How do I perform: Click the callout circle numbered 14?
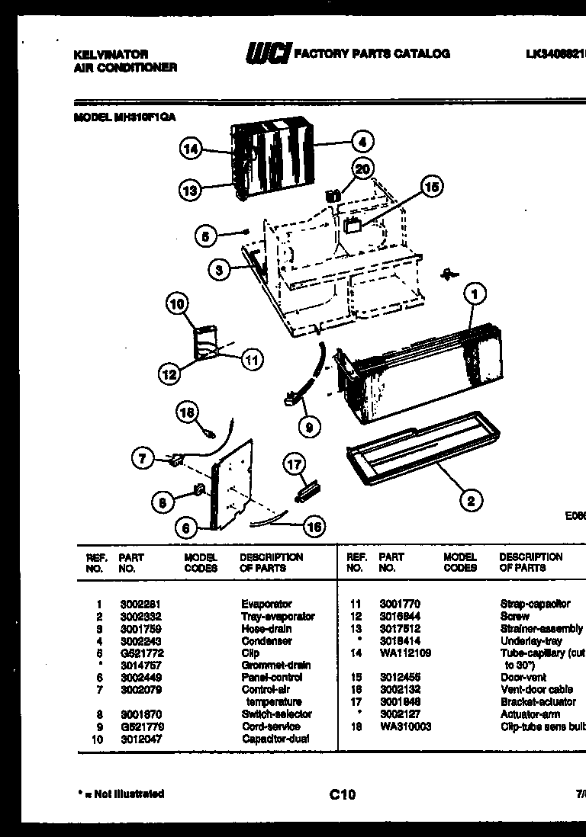coord(192,150)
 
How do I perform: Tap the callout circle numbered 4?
coord(362,141)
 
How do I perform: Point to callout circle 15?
coord(433,186)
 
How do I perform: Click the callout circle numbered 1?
coord(474,291)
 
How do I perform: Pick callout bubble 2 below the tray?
coord(471,500)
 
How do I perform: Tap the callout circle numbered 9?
coord(309,428)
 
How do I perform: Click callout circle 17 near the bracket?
coord(295,463)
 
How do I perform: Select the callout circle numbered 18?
coord(187,412)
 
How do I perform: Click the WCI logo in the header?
coord(268,53)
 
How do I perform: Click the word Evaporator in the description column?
coord(266,604)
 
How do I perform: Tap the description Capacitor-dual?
coord(275,739)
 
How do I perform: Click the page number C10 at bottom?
coord(343,795)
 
